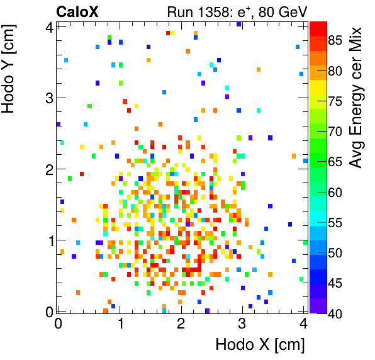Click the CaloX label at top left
click(x=77, y=11)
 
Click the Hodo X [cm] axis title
click(x=260, y=345)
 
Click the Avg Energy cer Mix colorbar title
click(x=356, y=98)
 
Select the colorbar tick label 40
click(x=335, y=312)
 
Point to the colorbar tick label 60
click(x=335, y=192)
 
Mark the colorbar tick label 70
click(x=335, y=132)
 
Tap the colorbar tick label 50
click(x=335, y=252)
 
